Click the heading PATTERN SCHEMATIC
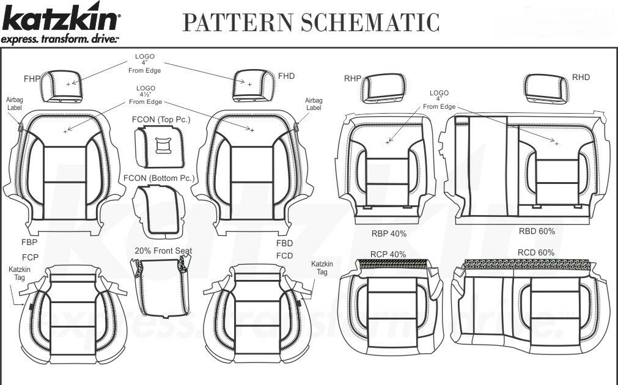(x=311, y=22)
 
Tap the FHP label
(x=32, y=79)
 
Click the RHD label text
(x=581, y=78)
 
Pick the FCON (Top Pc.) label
(x=161, y=119)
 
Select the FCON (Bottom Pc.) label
(x=159, y=178)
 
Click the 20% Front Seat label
(x=163, y=251)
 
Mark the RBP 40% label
(x=389, y=233)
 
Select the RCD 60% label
(x=535, y=252)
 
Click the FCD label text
(x=284, y=255)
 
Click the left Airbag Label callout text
(x=14, y=103)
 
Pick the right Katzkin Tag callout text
(x=322, y=268)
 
